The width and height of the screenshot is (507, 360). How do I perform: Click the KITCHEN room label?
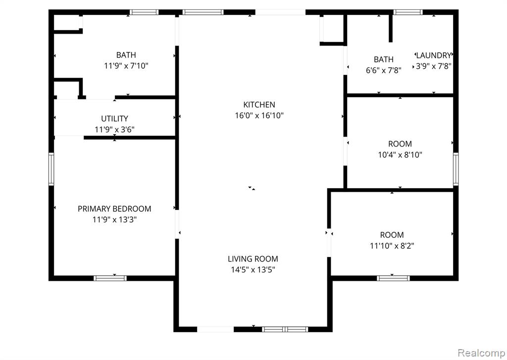click(259, 104)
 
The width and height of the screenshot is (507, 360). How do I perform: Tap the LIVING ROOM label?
click(253, 259)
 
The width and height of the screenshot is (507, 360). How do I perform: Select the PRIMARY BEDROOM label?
click(114, 208)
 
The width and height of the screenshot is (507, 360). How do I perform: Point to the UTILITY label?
click(114, 118)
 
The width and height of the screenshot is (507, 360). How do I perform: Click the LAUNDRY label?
click(433, 55)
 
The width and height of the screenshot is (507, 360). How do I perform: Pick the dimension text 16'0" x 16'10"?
click(259, 115)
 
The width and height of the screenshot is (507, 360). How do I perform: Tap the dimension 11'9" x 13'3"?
click(114, 220)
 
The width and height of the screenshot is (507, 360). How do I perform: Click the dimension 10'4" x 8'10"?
click(400, 154)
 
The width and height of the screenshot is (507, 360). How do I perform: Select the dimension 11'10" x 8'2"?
click(392, 246)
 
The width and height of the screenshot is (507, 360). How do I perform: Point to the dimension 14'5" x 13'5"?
click(253, 269)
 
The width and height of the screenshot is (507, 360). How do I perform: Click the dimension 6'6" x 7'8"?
click(384, 70)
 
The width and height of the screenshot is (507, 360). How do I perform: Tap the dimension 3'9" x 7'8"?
click(433, 66)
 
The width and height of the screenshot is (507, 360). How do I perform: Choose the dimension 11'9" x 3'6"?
click(114, 129)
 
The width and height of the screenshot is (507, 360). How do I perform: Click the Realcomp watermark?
click(481, 352)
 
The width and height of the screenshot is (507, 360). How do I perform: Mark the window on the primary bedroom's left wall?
click(51, 169)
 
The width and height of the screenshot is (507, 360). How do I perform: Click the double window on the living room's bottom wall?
click(285, 329)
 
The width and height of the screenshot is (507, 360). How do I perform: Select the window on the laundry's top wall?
click(408, 12)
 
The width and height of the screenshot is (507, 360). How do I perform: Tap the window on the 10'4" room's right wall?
click(456, 169)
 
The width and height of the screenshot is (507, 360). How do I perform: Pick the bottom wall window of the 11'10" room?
click(393, 278)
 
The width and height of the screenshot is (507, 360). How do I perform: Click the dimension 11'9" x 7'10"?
click(126, 66)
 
